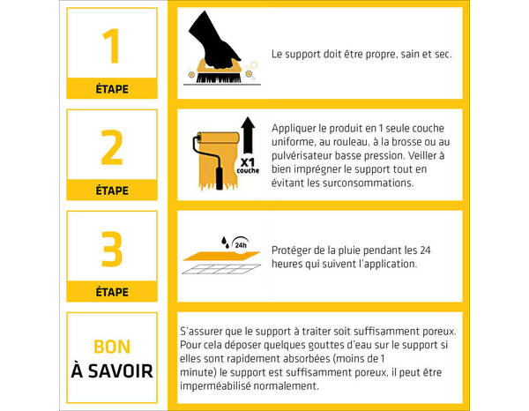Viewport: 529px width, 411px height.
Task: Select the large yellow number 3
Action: point(111,249)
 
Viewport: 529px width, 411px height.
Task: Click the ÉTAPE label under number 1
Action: point(111,89)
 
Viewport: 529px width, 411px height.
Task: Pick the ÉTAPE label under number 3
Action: point(111,291)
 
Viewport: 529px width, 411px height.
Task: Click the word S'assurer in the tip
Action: point(204,331)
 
